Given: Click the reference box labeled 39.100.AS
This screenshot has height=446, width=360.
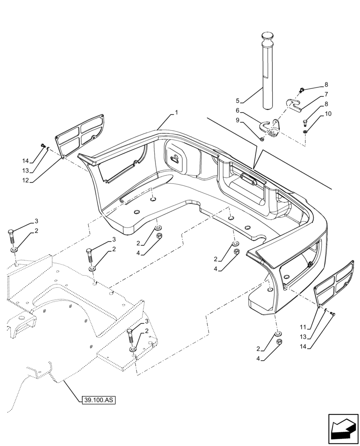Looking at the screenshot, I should (99, 400).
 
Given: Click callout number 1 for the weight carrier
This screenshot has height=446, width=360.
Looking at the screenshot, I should (176, 113).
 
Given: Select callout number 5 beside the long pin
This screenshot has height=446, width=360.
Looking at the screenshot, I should (237, 101).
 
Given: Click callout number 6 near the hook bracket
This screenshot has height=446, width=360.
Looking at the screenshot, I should (237, 110).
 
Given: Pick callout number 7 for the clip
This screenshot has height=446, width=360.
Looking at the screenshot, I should (326, 94).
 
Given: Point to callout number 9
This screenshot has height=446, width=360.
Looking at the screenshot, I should (237, 120).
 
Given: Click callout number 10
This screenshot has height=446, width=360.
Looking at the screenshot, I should (328, 114).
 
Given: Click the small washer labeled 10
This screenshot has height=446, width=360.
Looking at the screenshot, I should (305, 132).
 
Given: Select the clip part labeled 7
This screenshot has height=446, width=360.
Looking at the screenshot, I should (295, 105).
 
